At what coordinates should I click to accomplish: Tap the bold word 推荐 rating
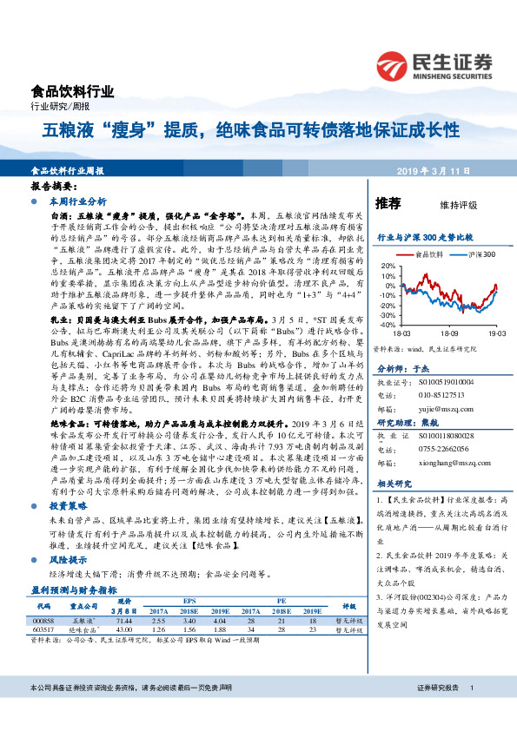388,203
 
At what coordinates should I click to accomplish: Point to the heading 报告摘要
52,187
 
